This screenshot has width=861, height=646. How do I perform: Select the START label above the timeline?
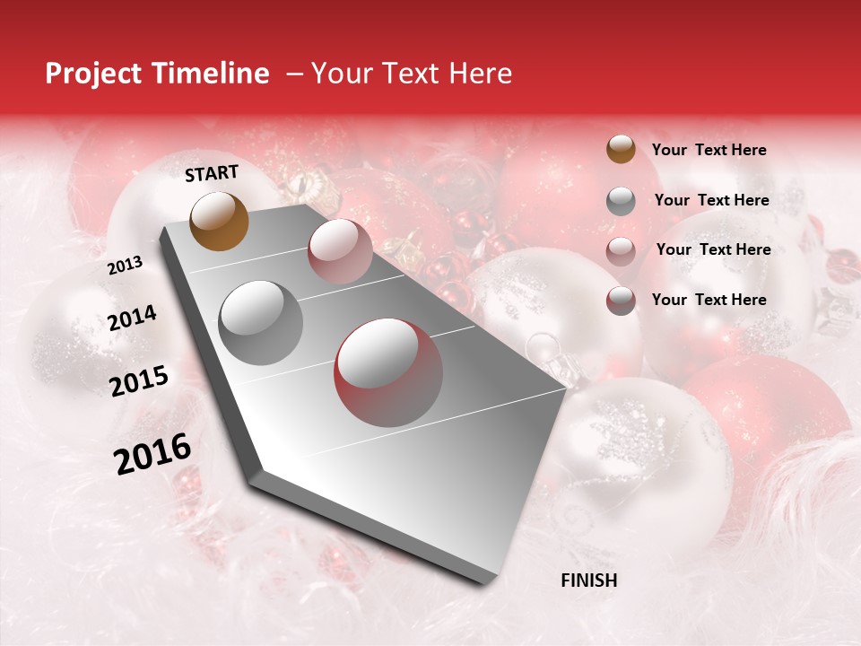pyautogui.click(x=212, y=173)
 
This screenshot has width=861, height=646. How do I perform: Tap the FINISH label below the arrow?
pyautogui.click(x=589, y=581)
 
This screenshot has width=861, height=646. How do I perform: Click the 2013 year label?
pyautogui.click(x=126, y=265)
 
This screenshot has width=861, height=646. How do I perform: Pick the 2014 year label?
pyautogui.click(x=133, y=319)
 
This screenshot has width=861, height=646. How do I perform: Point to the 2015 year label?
pyautogui.click(x=139, y=381)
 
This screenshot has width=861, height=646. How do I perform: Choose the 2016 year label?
pyautogui.click(x=152, y=454)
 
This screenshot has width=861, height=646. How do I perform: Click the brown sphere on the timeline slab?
pyautogui.click(x=220, y=221)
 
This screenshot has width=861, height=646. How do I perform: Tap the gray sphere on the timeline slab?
pyautogui.click(x=261, y=322)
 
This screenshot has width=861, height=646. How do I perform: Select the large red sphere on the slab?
pyautogui.click(x=388, y=372)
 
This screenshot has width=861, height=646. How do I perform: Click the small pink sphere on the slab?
pyautogui.click(x=340, y=250)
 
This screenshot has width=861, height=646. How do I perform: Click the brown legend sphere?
pyautogui.click(x=621, y=149)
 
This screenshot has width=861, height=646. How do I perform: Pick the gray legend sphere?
pyautogui.click(x=621, y=201)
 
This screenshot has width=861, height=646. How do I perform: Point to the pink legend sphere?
pyautogui.click(x=621, y=251)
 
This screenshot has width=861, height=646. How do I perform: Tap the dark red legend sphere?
pyautogui.click(x=621, y=301)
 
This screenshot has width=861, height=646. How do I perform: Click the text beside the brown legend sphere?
pyautogui.click(x=709, y=150)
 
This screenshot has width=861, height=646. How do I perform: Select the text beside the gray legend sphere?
pyautogui.click(x=711, y=200)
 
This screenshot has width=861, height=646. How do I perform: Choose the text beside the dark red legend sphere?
pyautogui.click(x=709, y=300)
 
